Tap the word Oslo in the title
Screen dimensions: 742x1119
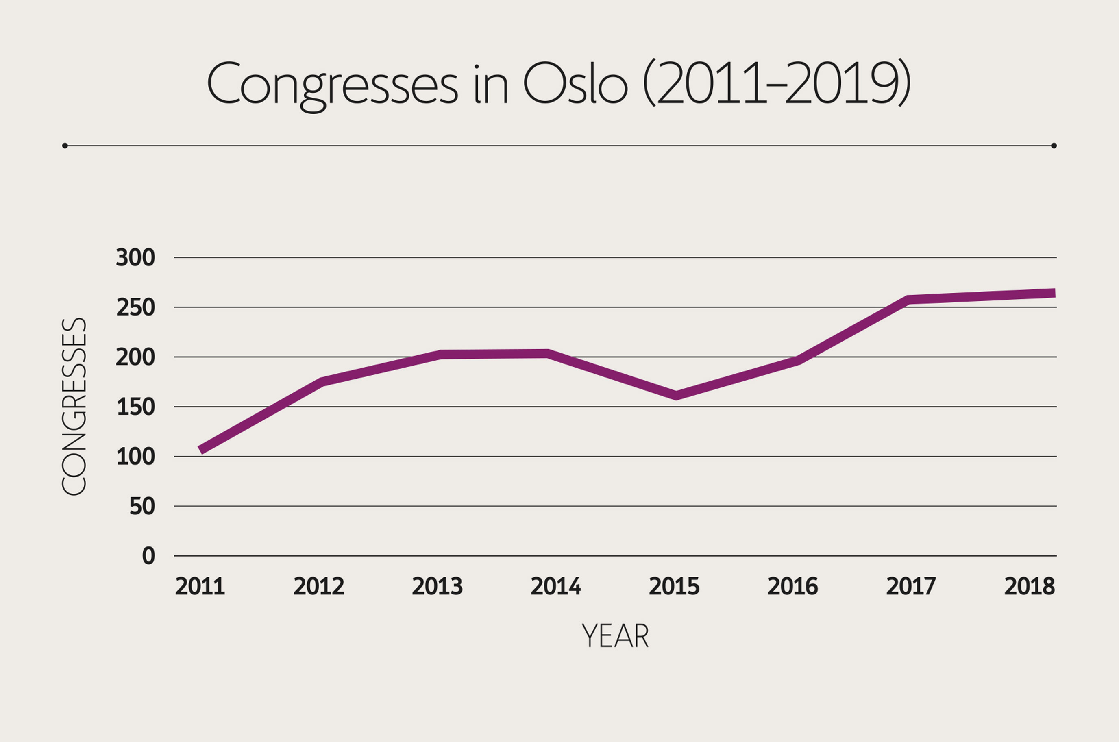tap(576, 84)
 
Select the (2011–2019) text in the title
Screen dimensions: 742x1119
tap(776, 84)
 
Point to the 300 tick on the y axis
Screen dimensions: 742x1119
tap(135, 258)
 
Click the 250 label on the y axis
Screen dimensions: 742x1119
tap(135, 308)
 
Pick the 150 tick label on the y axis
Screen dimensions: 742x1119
tap(135, 407)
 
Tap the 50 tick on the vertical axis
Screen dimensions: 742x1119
tap(142, 506)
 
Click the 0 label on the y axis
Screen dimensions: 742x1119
tap(148, 556)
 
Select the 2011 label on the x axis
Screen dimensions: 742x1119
tap(200, 587)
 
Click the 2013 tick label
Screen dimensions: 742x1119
tap(437, 587)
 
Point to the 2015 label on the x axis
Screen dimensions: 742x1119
tap(674, 587)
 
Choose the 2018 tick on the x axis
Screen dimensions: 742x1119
tap(1030, 587)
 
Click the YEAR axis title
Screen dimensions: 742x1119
tap(615, 636)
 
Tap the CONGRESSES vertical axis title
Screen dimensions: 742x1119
tap(74, 407)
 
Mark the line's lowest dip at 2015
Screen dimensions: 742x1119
tap(676, 395)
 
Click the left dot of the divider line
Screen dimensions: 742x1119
tap(65, 146)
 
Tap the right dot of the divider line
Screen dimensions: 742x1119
tap(1054, 146)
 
